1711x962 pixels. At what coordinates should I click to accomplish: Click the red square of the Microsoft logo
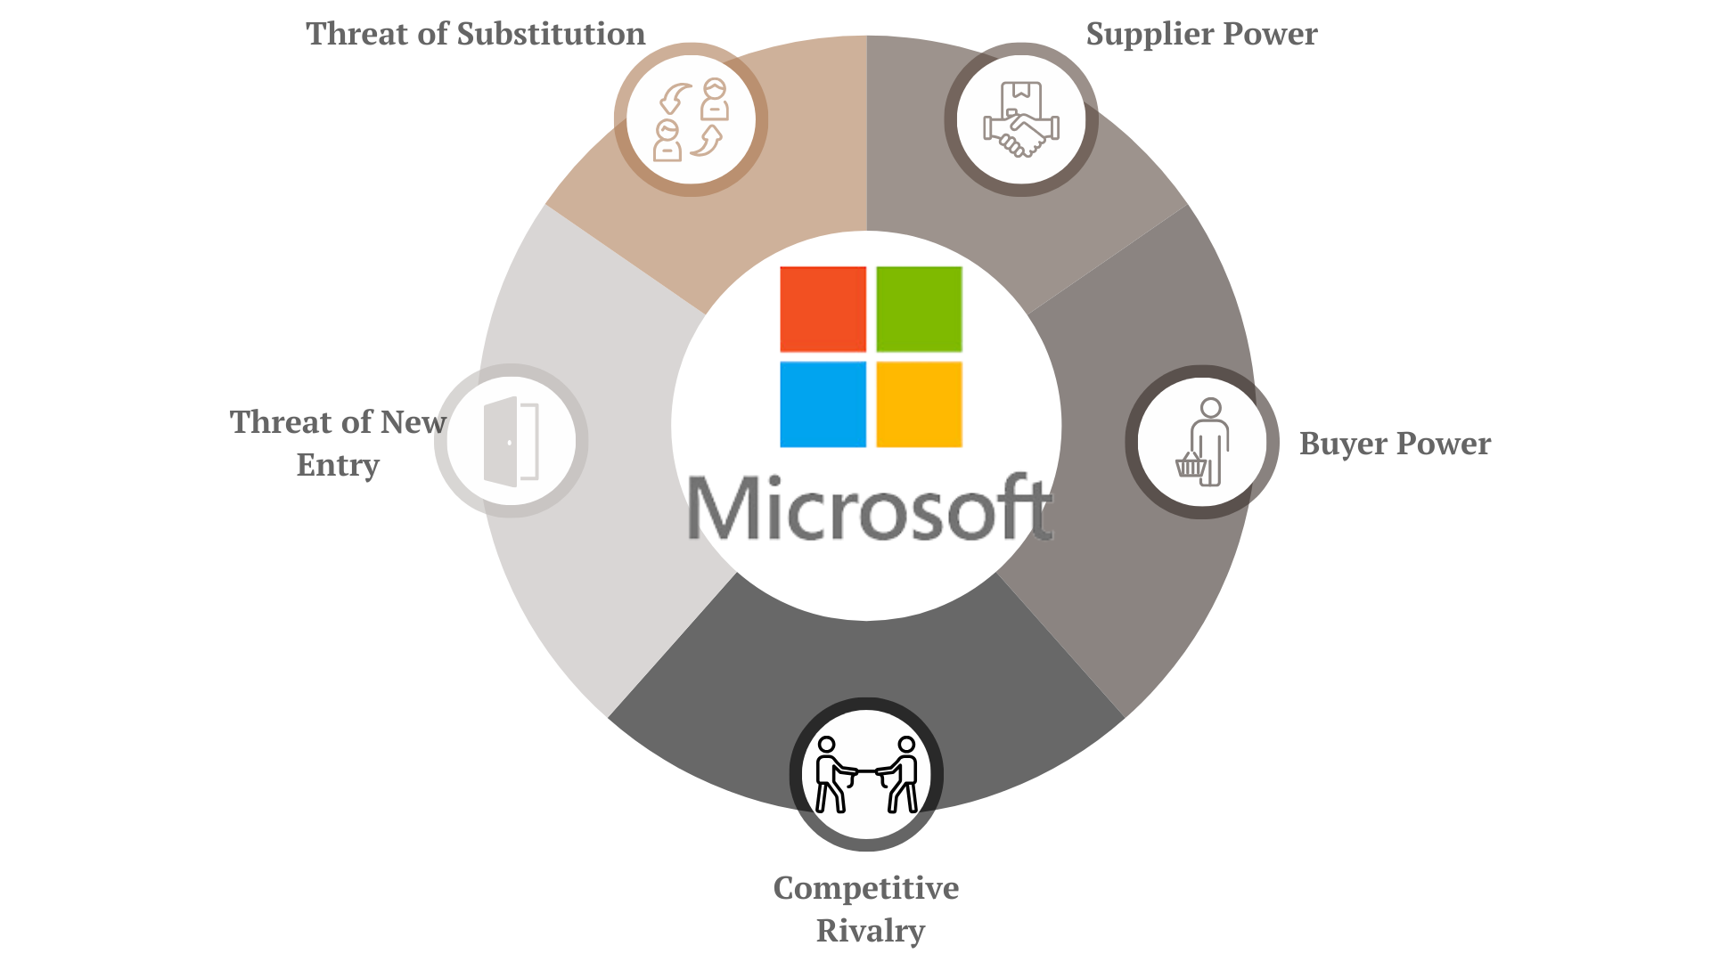tap(823, 309)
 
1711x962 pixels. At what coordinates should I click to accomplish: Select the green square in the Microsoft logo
tap(919, 309)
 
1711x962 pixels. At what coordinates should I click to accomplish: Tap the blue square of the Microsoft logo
tap(823, 404)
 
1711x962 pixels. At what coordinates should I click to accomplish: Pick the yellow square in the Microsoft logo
tap(919, 404)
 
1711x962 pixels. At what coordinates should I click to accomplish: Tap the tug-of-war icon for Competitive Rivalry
tap(866, 774)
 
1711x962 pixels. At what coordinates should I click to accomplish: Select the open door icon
tap(511, 441)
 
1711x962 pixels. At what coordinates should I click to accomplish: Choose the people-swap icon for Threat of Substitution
tap(691, 119)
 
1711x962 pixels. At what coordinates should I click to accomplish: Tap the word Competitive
tap(866, 888)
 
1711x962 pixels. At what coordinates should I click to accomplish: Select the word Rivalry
tap(871, 931)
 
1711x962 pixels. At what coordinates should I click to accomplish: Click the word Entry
tap(338, 465)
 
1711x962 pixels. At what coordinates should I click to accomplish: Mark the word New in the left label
tap(413, 422)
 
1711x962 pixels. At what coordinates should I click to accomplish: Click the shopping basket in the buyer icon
tap(1191, 465)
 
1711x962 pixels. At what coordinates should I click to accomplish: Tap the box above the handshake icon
tap(1021, 94)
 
